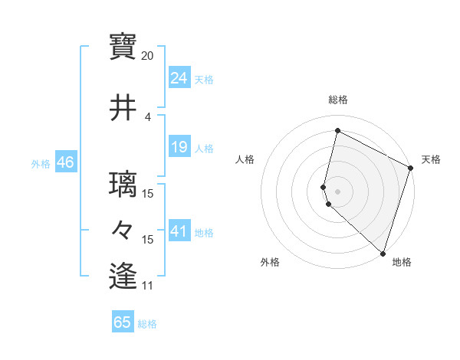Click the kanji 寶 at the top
123,46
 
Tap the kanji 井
123,108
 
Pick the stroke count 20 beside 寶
148,56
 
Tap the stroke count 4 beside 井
148,117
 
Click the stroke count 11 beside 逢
148,286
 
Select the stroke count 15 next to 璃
148,194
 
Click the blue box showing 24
179,78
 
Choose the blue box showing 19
179,147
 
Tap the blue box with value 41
179,231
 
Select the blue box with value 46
65,162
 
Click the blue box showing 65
123,322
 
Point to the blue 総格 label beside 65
147,324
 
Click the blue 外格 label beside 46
41,163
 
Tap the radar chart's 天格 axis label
431,159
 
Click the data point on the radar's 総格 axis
337,131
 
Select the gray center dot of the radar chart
337,191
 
